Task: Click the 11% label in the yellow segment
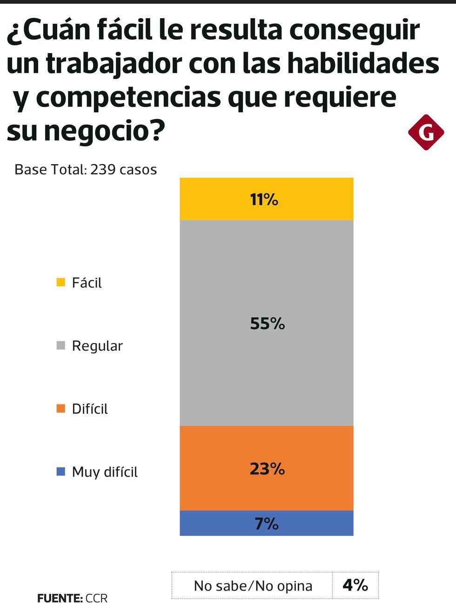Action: coord(264,200)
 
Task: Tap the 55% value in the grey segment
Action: coord(267,323)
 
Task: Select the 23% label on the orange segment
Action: coord(267,469)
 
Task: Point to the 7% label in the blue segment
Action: coord(267,524)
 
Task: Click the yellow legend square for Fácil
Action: coord(60,282)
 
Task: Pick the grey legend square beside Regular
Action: coord(60,346)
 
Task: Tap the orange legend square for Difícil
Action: coord(60,409)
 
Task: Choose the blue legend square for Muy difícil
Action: coord(60,472)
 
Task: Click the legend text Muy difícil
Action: coord(105,472)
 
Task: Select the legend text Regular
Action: coord(97,346)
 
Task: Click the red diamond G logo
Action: coord(426,132)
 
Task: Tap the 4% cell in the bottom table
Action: coord(355,585)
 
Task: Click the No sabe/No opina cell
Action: coord(253,585)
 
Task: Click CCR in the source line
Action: coord(97,598)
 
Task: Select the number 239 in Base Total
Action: coord(103,169)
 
